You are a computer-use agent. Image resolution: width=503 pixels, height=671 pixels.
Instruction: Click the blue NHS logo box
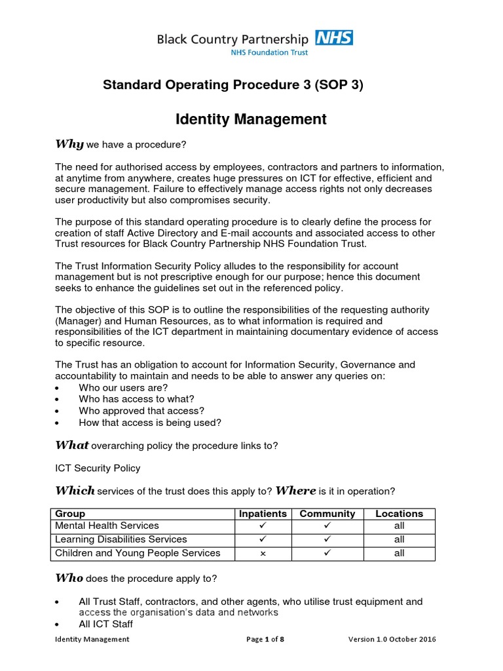(334, 37)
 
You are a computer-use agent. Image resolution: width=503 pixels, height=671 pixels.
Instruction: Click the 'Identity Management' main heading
(251, 119)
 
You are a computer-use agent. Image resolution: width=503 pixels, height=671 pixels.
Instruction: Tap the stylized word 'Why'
(69, 144)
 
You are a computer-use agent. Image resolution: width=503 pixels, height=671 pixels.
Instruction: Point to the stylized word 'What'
(71, 445)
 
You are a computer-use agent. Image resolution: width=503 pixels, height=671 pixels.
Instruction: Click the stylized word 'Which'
(75, 491)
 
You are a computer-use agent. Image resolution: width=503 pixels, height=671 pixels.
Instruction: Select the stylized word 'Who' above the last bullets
(69, 578)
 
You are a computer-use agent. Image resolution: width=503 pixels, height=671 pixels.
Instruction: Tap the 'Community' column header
(327, 514)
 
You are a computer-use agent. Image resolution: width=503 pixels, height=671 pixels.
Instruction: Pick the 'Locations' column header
(399, 514)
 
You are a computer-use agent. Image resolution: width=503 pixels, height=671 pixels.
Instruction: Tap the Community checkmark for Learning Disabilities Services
(327, 539)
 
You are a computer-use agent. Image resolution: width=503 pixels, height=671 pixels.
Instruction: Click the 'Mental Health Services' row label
(107, 526)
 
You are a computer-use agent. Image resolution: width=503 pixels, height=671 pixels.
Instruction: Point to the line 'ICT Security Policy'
(98, 468)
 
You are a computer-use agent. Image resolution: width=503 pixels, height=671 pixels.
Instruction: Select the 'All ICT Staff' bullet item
(105, 624)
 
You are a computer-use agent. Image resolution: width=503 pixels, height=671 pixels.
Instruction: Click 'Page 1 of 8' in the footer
(265, 640)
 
